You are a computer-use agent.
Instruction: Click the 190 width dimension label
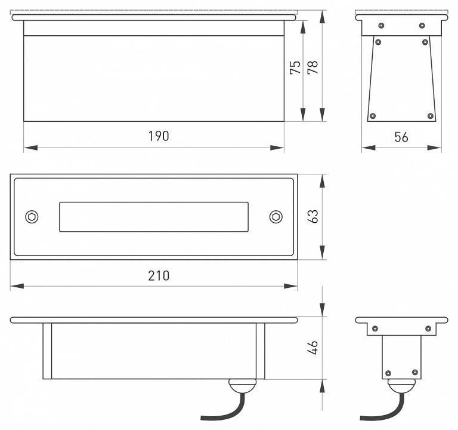pyautogui.click(x=159, y=136)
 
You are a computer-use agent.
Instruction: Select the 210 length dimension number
pyautogui.click(x=159, y=275)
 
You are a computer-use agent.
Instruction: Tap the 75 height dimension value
pyautogui.click(x=295, y=67)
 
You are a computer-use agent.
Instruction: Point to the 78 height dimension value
pyautogui.click(x=313, y=67)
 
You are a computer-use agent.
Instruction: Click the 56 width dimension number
pyautogui.click(x=401, y=137)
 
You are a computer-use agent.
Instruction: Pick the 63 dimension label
pyautogui.click(x=313, y=216)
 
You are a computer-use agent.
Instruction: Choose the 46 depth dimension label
pyautogui.click(x=313, y=348)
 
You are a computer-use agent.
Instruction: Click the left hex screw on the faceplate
pyautogui.click(x=32, y=217)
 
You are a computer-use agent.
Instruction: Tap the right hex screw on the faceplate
pyautogui.click(x=276, y=217)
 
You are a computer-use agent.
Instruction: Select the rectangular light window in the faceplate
pyautogui.click(x=154, y=217)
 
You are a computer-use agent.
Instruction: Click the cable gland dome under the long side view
pyautogui.click(x=242, y=386)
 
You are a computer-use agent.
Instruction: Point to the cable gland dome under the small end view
pyautogui.click(x=401, y=386)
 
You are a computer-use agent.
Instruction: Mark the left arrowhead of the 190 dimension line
pyautogui.click(x=30, y=148)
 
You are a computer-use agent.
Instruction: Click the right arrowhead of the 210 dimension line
pyautogui.click(x=290, y=286)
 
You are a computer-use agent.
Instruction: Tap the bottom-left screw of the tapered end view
pyautogui.click(x=372, y=116)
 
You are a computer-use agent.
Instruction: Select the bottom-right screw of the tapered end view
pyautogui.click(x=430, y=116)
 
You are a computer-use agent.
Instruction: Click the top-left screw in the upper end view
pyautogui.click(x=381, y=26)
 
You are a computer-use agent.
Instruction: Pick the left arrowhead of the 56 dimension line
pyautogui.click(x=369, y=148)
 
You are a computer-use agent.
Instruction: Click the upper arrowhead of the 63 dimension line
pyautogui.click(x=322, y=181)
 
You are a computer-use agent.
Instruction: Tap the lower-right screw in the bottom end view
pyautogui.click(x=415, y=373)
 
